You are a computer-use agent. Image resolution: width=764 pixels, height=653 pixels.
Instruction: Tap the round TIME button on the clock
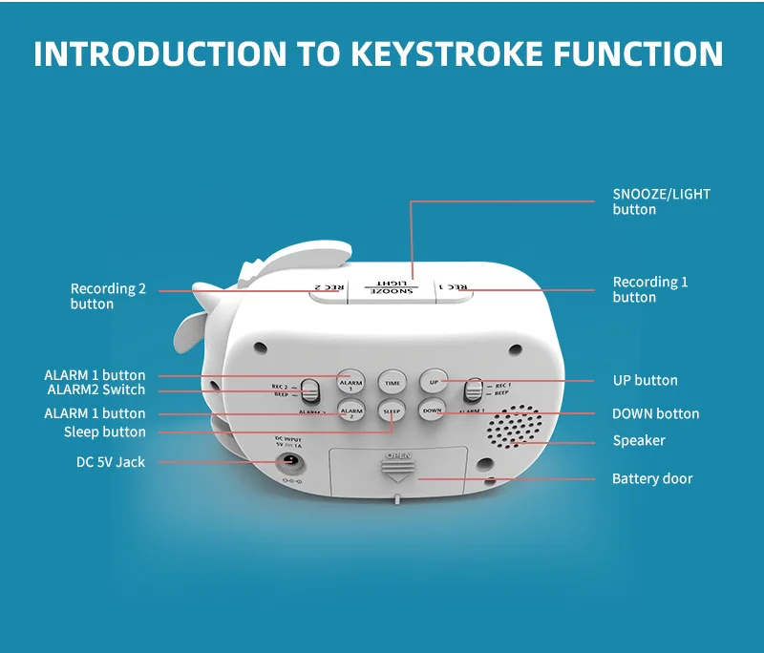pos(392,382)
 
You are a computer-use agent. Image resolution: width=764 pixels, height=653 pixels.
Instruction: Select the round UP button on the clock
pos(433,382)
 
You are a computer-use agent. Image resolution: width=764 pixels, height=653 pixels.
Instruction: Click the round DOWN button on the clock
pos(433,411)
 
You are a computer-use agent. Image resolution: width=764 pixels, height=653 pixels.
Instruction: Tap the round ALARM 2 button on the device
pos(350,412)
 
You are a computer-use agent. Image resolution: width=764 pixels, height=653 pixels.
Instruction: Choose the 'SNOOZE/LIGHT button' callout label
pos(661,201)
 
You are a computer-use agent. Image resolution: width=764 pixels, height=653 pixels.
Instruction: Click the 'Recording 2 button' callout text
pos(108,296)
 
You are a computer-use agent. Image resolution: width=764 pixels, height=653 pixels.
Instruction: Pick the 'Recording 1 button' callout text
pos(649,289)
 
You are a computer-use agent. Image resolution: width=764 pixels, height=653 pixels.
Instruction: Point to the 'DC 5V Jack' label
pos(111,462)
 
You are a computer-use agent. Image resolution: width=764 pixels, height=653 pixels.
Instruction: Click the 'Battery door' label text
pos(652,478)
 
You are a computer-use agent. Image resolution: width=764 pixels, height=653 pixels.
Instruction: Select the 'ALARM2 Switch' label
pos(96,390)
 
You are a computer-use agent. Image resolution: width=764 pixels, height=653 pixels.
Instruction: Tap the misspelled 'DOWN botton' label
pos(655,413)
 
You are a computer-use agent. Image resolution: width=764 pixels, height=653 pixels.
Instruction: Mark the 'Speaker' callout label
pos(639,440)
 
